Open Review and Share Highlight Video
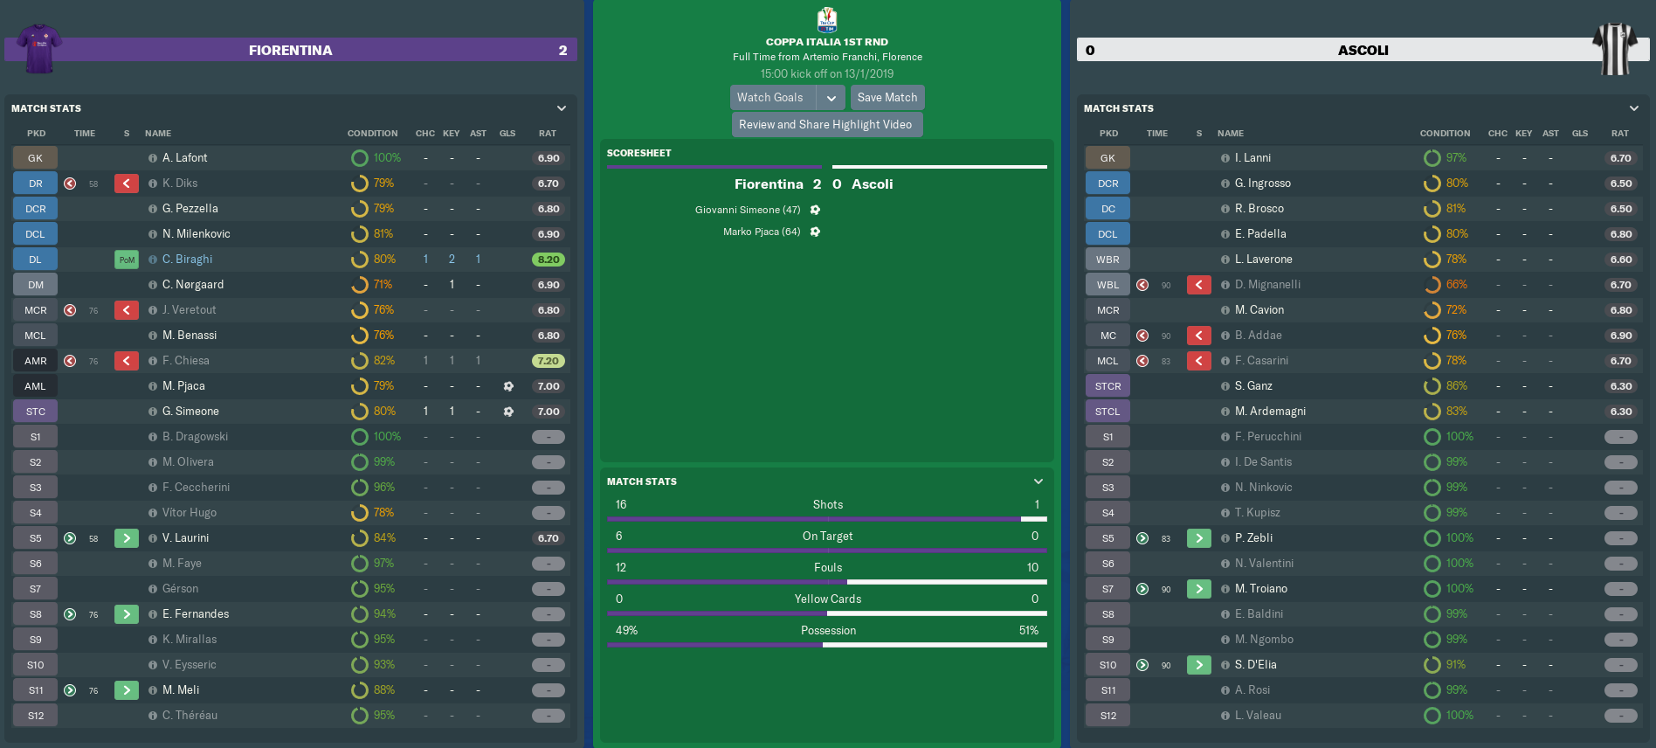(x=826, y=125)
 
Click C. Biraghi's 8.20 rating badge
(x=549, y=260)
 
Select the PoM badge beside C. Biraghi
(x=127, y=260)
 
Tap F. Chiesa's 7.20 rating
(x=549, y=361)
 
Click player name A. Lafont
(x=184, y=158)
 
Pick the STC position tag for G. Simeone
(x=35, y=412)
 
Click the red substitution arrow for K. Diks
(x=127, y=184)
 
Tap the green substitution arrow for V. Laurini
(x=127, y=538)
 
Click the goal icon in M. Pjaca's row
(x=508, y=386)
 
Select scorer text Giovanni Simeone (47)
(x=748, y=210)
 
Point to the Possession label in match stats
(x=828, y=631)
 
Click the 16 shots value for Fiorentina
(x=621, y=505)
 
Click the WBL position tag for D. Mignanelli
(x=1107, y=285)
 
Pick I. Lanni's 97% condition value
(x=1456, y=158)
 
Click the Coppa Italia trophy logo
(x=827, y=19)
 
